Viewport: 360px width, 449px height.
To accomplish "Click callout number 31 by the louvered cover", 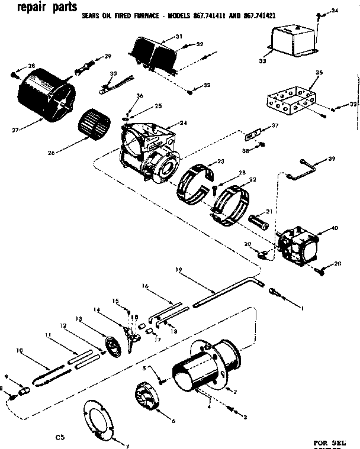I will [x=179, y=37].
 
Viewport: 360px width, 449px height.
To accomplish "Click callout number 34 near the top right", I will [x=335, y=11].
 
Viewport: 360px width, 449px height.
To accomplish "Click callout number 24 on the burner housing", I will [x=184, y=123].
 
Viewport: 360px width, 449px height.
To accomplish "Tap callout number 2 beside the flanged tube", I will [x=235, y=392].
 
